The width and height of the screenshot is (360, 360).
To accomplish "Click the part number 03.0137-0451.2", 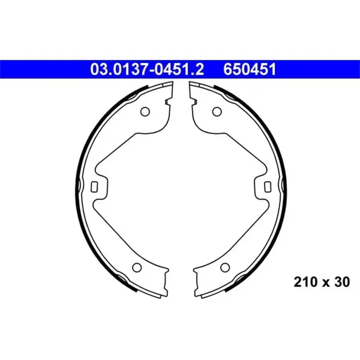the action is click(x=147, y=69).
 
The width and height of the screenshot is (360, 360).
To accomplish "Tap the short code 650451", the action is click(x=249, y=69).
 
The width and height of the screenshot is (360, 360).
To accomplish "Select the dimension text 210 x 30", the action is click(x=321, y=282).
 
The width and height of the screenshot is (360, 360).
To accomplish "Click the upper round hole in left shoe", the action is click(x=145, y=112).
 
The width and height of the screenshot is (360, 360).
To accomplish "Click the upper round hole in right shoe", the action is click(x=217, y=112).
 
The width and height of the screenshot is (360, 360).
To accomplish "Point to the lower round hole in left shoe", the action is click(x=137, y=267).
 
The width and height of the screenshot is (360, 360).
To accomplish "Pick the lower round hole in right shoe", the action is click(x=225, y=267).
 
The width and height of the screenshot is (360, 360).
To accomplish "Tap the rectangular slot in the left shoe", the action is click(x=94, y=187).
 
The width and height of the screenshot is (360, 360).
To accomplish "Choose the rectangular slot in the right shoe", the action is click(x=268, y=187).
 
